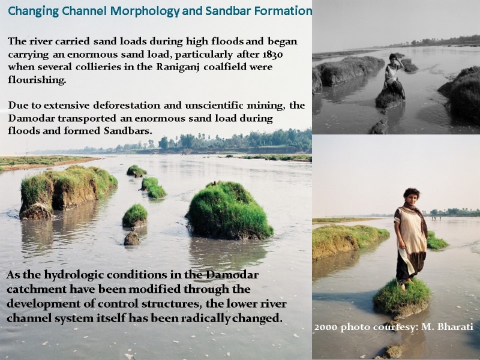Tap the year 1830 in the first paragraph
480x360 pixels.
(x=272, y=55)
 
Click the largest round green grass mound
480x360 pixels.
(x=230, y=211)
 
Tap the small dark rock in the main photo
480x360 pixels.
(x=132, y=238)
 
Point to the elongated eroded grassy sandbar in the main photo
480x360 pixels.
(x=67, y=192)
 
